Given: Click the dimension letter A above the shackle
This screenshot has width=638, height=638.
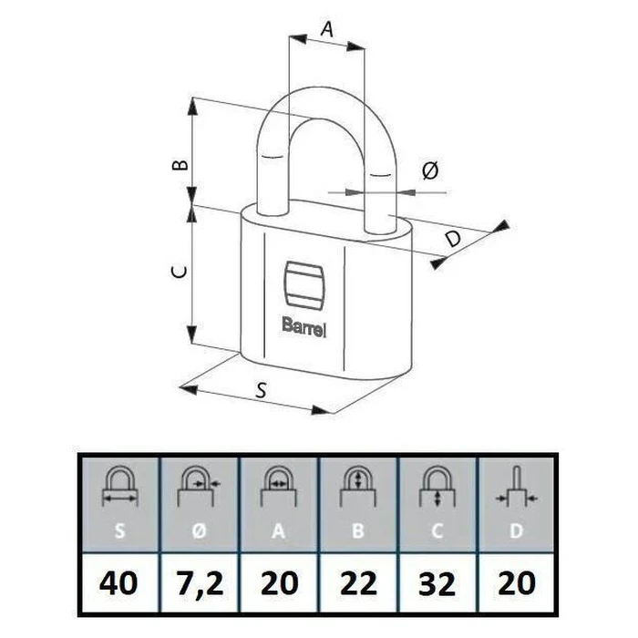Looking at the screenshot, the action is click(x=327, y=29).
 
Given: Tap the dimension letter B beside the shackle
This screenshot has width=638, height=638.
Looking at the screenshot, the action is click(x=181, y=164).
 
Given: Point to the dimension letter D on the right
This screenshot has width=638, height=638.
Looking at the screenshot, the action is click(x=453, y=238).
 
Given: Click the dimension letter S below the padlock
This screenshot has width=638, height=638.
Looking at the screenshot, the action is click(x=262, y=390).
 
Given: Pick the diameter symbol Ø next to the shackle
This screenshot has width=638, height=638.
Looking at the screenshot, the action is click(x=430, y=170).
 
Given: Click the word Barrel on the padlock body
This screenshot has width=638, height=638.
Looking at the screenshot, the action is click(x=304, y=326).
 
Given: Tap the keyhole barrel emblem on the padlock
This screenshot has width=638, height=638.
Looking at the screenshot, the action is click(x=304, y=284).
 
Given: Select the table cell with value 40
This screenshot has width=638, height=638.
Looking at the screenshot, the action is click(x=118, y=582).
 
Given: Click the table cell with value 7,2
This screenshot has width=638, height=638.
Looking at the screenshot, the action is click(x=200, y=582).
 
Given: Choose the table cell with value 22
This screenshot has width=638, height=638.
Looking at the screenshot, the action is click(x=358, y=582).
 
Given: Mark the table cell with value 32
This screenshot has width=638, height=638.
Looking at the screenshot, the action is click(x=437, y=582).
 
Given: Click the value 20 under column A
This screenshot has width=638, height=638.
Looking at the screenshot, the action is click(x=280, y=582).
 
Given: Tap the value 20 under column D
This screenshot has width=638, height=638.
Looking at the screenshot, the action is click(x=517, y=582).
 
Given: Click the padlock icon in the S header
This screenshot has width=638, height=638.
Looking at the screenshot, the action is click(x=119, y=486).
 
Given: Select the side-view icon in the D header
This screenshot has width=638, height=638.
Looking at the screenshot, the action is click(x=517, y=486).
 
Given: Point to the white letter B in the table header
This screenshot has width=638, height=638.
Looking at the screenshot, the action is click(x=358, y=530).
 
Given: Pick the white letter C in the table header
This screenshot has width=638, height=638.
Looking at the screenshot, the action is click(x=437, y=530).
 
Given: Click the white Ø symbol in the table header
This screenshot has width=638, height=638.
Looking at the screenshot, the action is click(x=200, y=530).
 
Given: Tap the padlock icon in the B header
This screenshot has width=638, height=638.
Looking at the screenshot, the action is click(x=358, y=486).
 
